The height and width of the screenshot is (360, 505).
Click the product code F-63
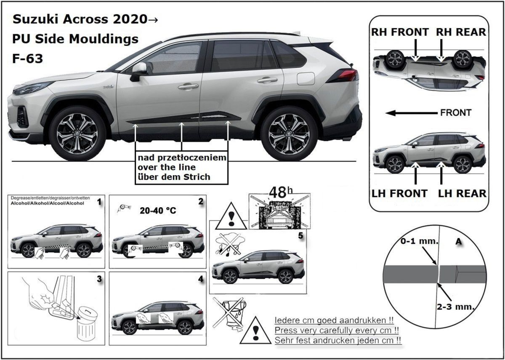pos(27,59)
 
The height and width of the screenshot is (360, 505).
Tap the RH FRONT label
pos(400,32)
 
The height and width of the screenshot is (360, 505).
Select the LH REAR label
pos(462,194)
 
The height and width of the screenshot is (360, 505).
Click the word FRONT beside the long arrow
pos(456,112)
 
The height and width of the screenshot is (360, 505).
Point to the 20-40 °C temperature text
pos(158,211)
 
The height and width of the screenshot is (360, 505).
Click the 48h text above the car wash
pos(281,192)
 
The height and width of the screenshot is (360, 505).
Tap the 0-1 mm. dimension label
pos(419,241)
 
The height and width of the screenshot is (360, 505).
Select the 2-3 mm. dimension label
pos(455,307)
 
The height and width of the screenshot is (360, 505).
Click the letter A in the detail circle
pos(459,242)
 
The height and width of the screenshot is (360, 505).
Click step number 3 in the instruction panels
pos(99,279)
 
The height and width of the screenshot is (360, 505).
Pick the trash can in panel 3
pos(87,324)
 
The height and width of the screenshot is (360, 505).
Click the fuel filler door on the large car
pos(306,79)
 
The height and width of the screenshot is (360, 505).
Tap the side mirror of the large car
pos(138,72)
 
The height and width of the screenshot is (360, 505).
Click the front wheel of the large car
pos(77,133)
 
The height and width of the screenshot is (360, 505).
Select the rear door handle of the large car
pos(267,80)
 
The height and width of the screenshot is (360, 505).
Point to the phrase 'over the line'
pos(167,168)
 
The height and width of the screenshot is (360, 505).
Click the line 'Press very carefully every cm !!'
pos(337,330)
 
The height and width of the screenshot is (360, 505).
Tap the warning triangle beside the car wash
pos(231,216)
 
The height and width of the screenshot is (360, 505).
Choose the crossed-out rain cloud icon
pos(229,244)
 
